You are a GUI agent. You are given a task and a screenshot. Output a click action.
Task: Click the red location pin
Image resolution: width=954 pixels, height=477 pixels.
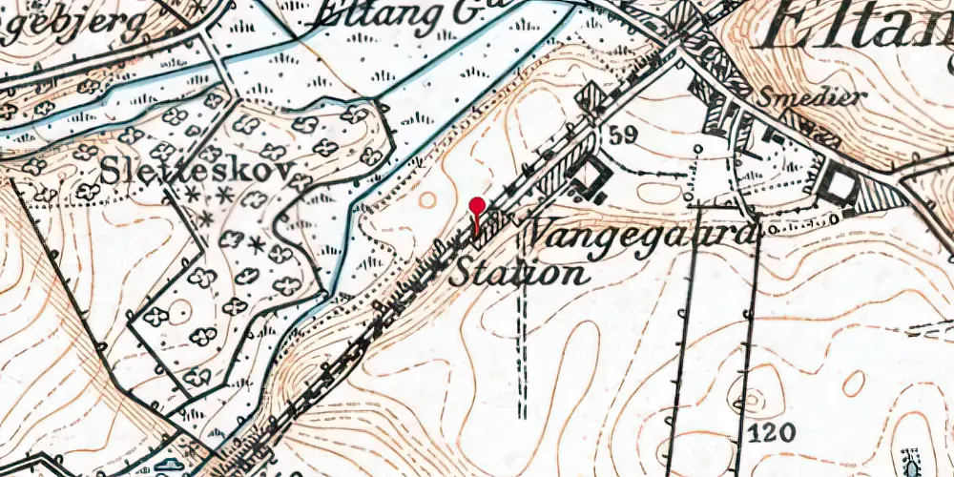point(477,207)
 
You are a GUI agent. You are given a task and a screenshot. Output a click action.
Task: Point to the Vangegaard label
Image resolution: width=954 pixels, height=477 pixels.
point(641,232)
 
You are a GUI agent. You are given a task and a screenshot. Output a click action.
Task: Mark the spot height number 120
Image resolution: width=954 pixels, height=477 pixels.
point(772,433)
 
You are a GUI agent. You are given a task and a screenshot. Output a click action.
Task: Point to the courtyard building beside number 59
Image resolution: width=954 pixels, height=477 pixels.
point(591,177)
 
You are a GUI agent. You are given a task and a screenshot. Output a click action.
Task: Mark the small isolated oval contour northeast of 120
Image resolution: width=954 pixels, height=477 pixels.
point(854,383)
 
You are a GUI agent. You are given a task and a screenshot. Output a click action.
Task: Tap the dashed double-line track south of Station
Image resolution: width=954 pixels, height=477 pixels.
point(523,353)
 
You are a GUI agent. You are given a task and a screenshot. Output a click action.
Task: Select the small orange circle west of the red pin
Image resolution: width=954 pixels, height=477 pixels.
point(428,200)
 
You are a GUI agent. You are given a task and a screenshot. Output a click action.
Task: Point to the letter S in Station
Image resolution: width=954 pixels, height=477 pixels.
point(461,274)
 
